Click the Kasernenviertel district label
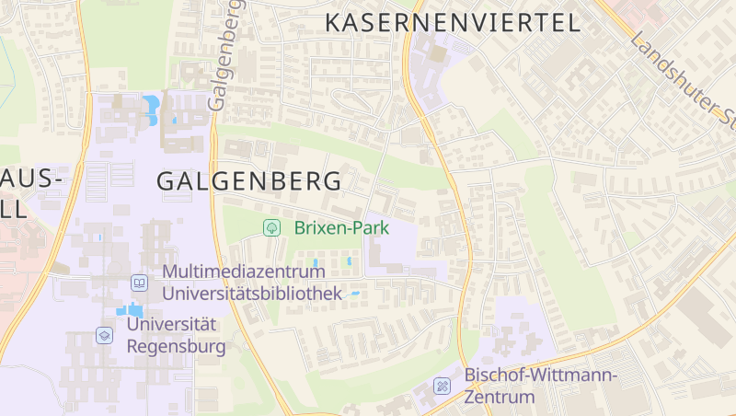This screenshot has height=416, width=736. click(454, 23)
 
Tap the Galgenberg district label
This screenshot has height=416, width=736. click(248, 180)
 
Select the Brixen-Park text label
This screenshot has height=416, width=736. click(342, 227)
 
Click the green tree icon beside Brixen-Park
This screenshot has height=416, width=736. click(271, 227)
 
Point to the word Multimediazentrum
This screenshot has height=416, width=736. click(251, 272)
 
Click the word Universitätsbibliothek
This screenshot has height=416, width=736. click(251, 293)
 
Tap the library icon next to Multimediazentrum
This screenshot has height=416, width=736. click(139, 283)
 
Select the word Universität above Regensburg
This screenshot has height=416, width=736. click(171, 325)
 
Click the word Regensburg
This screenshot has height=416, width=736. click(176, 347)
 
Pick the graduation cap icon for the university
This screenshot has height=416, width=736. click(104, 335)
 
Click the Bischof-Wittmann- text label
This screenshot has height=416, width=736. click(540, 375)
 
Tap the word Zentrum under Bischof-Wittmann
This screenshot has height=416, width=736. click(499, 397)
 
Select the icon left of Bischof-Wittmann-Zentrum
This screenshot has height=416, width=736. click(443, 386)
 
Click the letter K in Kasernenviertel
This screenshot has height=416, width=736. click(334, 23)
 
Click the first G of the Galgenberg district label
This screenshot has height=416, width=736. click(167, 180)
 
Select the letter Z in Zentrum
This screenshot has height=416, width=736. click(469, 397)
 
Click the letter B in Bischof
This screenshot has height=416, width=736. click(470, 375)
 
